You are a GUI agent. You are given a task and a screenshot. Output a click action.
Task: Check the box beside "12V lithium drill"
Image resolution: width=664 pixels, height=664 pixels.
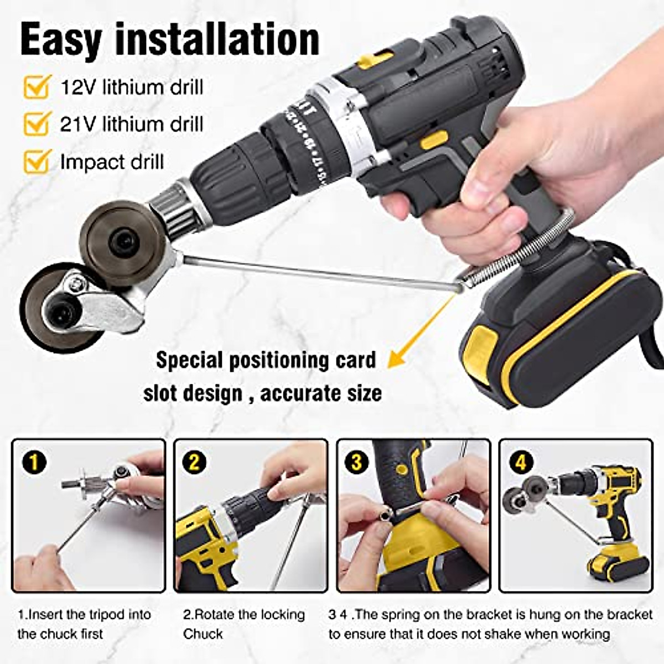[37, 87]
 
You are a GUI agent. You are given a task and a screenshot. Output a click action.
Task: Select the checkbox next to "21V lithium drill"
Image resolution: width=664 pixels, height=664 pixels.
[37, 123]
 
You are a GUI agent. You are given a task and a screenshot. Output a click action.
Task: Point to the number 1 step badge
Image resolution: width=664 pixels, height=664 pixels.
[34, 461]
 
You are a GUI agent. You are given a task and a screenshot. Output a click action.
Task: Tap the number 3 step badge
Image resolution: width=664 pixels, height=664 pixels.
[356, 461]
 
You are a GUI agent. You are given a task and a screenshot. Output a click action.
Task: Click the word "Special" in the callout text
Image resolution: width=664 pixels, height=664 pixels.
[188, 360]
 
